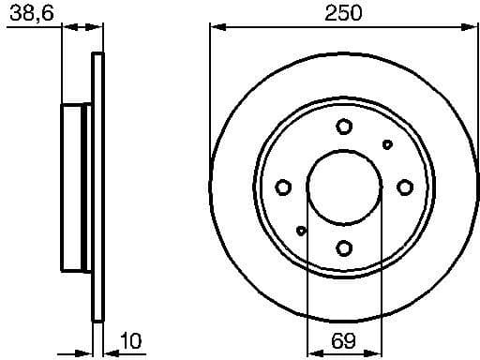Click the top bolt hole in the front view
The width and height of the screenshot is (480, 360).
coord(344,127)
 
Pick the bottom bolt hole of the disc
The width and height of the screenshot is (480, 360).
coord(344,247)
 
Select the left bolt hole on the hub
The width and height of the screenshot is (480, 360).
coord(283,187)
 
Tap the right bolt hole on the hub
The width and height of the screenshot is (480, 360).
coord(404,187)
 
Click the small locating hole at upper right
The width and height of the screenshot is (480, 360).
coord(387,144)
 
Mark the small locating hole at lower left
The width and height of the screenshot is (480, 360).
coord(301,231)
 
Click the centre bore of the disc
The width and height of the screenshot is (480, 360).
coord(344,187)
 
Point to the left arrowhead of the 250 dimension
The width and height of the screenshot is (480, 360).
coord(215,28)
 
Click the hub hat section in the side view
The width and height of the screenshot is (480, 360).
coord(75,187)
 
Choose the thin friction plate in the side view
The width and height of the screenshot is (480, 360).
coord(96,187)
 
